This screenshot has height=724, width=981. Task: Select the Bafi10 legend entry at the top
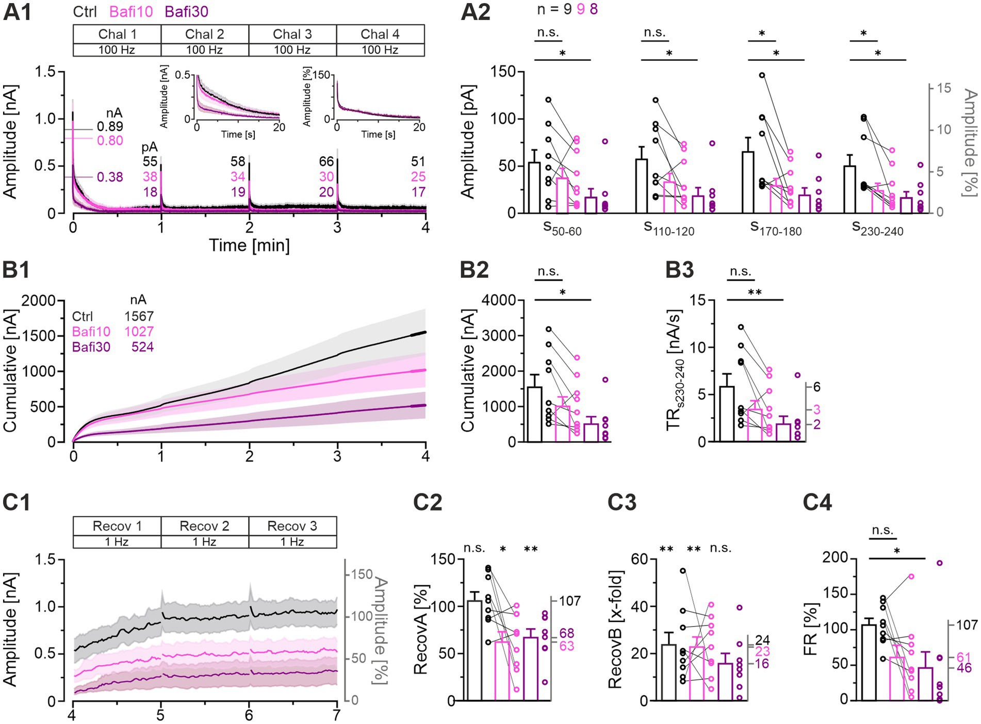click(131, 11)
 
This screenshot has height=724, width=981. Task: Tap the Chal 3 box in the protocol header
click(292, 34)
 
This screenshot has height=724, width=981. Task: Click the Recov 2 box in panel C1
click(205, 526)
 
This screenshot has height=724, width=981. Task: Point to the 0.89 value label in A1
click(110, 126)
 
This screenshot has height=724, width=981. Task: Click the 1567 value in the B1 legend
click(139, 316)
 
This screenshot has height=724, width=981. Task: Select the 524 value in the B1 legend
click(142, 347)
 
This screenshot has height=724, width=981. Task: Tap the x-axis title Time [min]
click(249, 245)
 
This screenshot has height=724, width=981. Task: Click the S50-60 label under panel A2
click(562, 228)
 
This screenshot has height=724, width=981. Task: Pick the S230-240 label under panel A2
click(877, 228)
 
